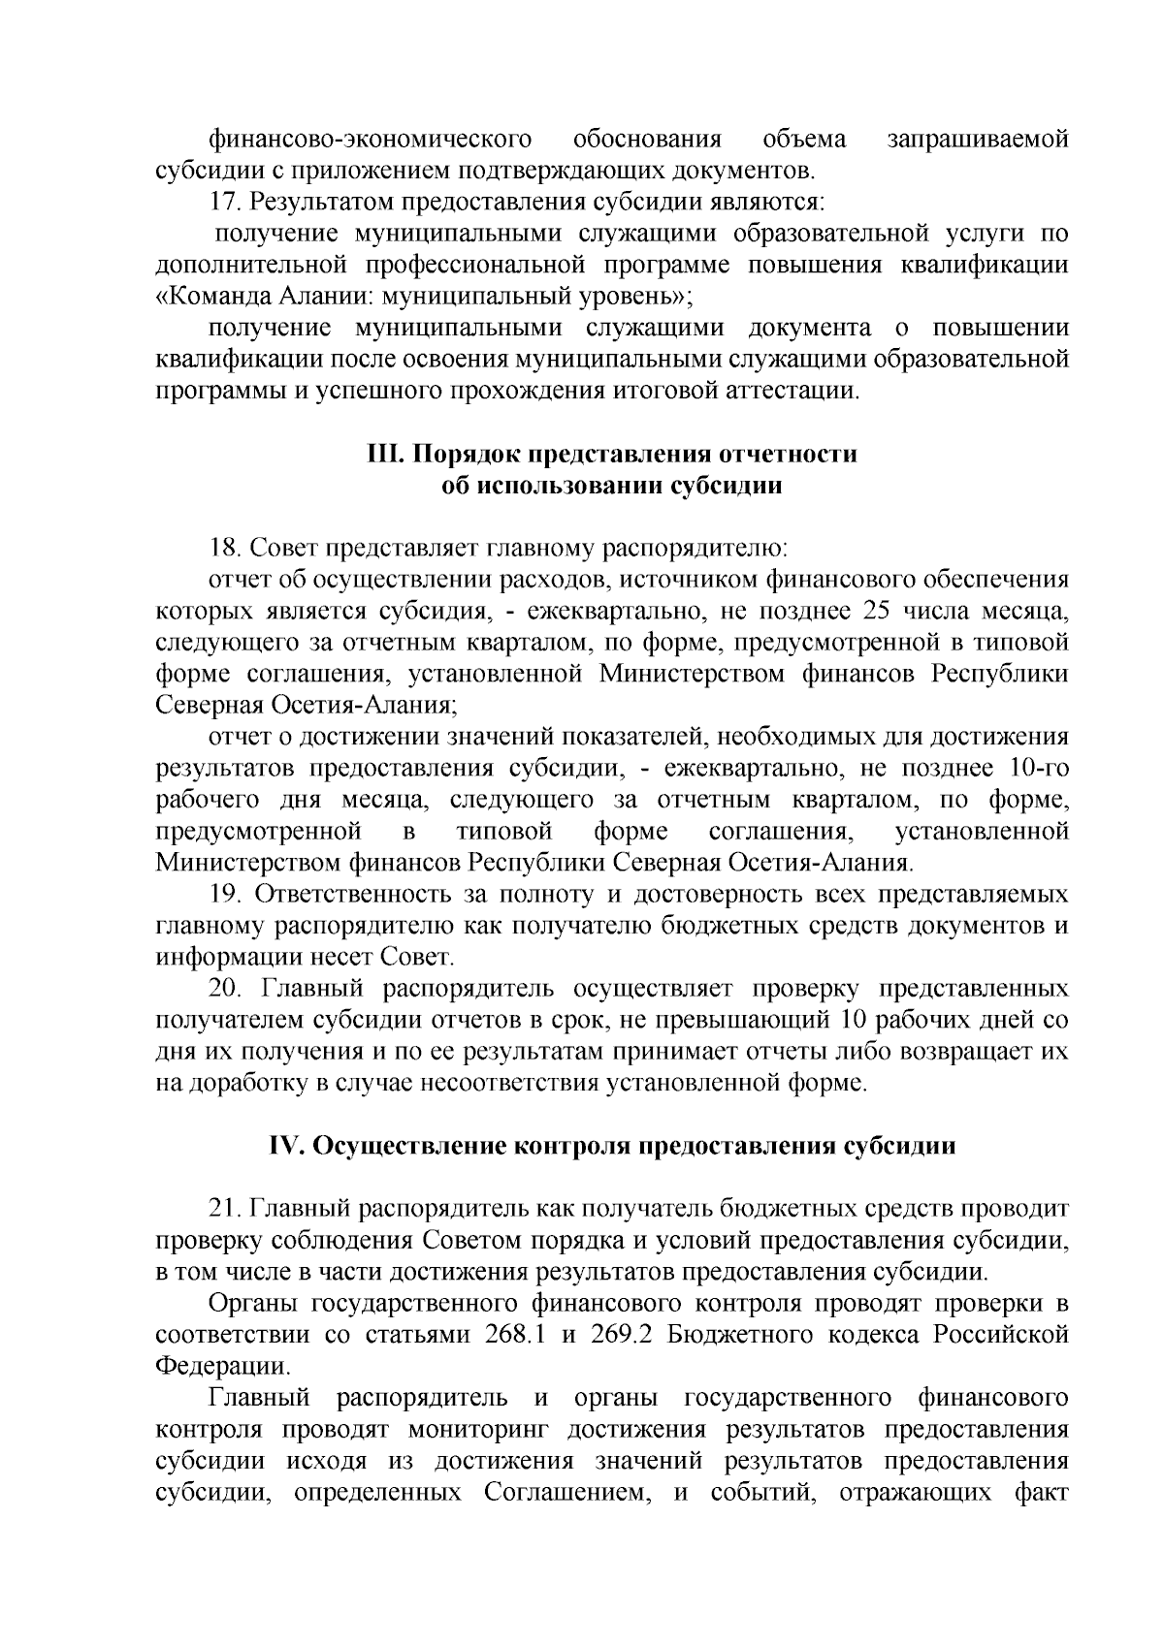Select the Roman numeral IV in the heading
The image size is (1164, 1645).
click(286, 1146)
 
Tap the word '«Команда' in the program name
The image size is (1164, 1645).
click(210, 297)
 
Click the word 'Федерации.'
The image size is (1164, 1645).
click(223, 1367)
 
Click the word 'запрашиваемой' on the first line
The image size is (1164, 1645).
click(979, 140)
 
